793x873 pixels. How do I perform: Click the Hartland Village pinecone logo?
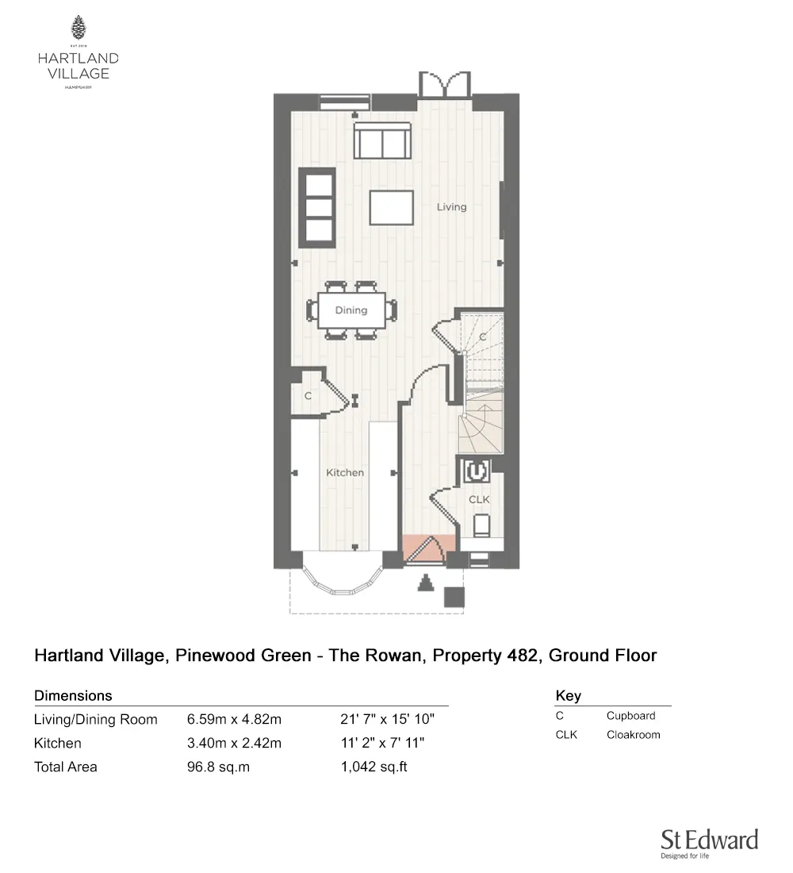[78, 28]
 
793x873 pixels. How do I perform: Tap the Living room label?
[452, 207]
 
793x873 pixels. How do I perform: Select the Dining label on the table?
[351, 310]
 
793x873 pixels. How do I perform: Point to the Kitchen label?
[345, 473]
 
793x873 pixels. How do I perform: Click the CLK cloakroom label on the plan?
[479, 500]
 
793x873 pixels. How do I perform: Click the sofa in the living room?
[383, 140]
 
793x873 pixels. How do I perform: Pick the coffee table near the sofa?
[391, 209]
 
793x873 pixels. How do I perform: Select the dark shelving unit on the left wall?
[316, 207]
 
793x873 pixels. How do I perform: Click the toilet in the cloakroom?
[481, 526]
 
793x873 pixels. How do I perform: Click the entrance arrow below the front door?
[426, 583]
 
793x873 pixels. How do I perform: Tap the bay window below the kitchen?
[343, 580]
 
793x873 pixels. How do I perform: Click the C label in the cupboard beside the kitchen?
[307, 395]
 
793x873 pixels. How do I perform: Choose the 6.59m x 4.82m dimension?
[235, 720]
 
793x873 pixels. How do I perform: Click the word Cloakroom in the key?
[633, 735]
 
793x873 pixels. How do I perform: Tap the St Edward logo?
[709, 842]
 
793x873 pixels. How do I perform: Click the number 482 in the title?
[523, 656]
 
